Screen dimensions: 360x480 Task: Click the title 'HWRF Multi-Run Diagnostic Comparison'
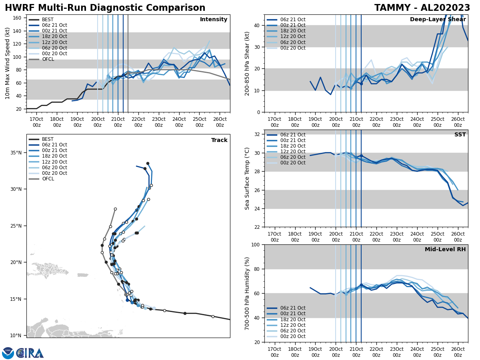click(105, 8)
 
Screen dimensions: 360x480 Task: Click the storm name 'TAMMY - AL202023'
click(422, 8)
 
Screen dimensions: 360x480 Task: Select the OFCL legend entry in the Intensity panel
click(48, 59)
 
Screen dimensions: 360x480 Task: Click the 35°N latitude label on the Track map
click(16, 153)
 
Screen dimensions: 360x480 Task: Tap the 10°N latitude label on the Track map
click(16, 336)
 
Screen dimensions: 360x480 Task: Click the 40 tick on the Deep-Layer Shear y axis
click(256, 25)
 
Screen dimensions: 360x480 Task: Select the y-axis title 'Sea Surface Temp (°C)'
click(247, 178)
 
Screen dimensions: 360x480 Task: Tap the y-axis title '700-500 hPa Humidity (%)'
click(247, 293)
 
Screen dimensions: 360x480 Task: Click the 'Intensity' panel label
click(214, 20)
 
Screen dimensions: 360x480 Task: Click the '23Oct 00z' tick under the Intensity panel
click(159, 122)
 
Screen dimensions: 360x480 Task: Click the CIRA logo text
click(30, 353)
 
